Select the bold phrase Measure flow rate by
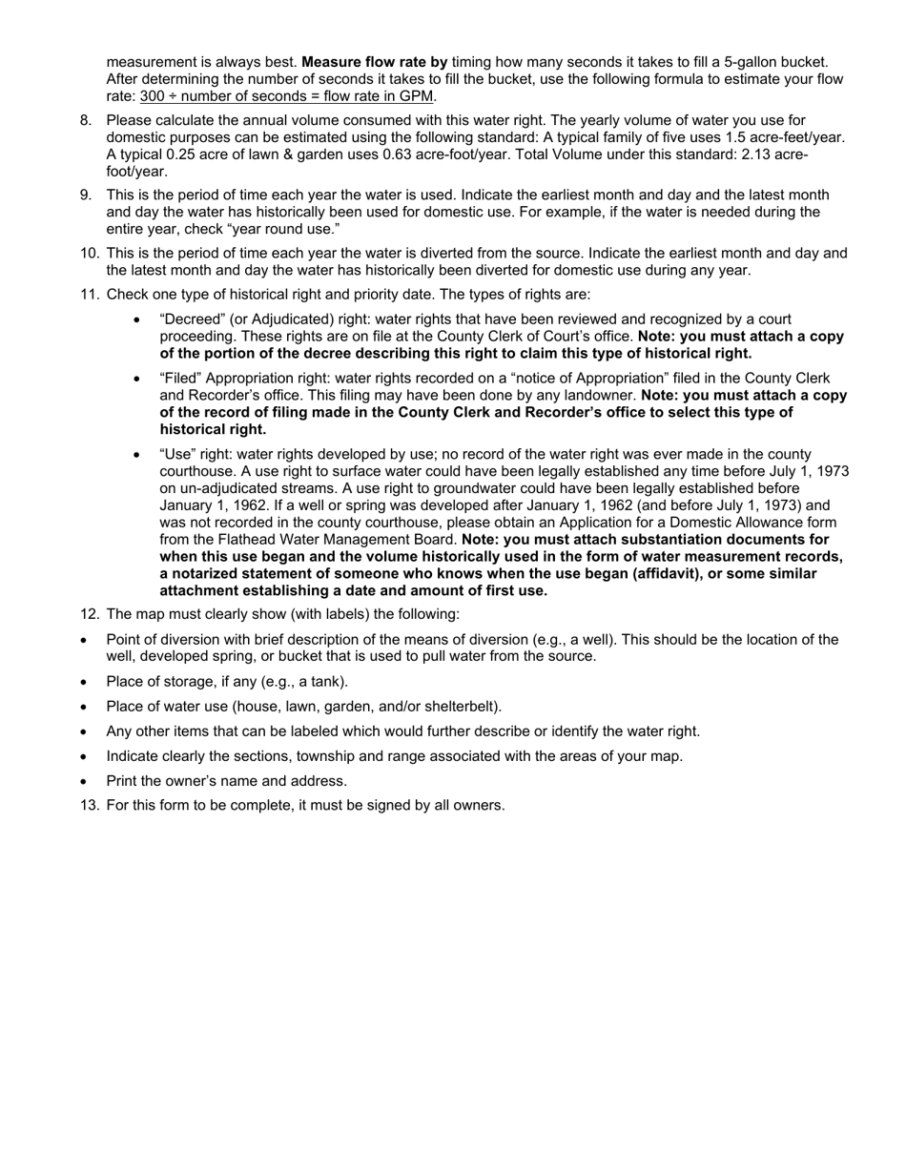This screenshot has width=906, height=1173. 374,62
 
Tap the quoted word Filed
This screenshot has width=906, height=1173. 179,378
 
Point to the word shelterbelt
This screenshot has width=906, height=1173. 460,707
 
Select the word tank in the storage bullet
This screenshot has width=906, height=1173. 327,682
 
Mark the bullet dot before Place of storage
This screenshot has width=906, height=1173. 85,683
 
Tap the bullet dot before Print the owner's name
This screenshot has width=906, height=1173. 85,782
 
